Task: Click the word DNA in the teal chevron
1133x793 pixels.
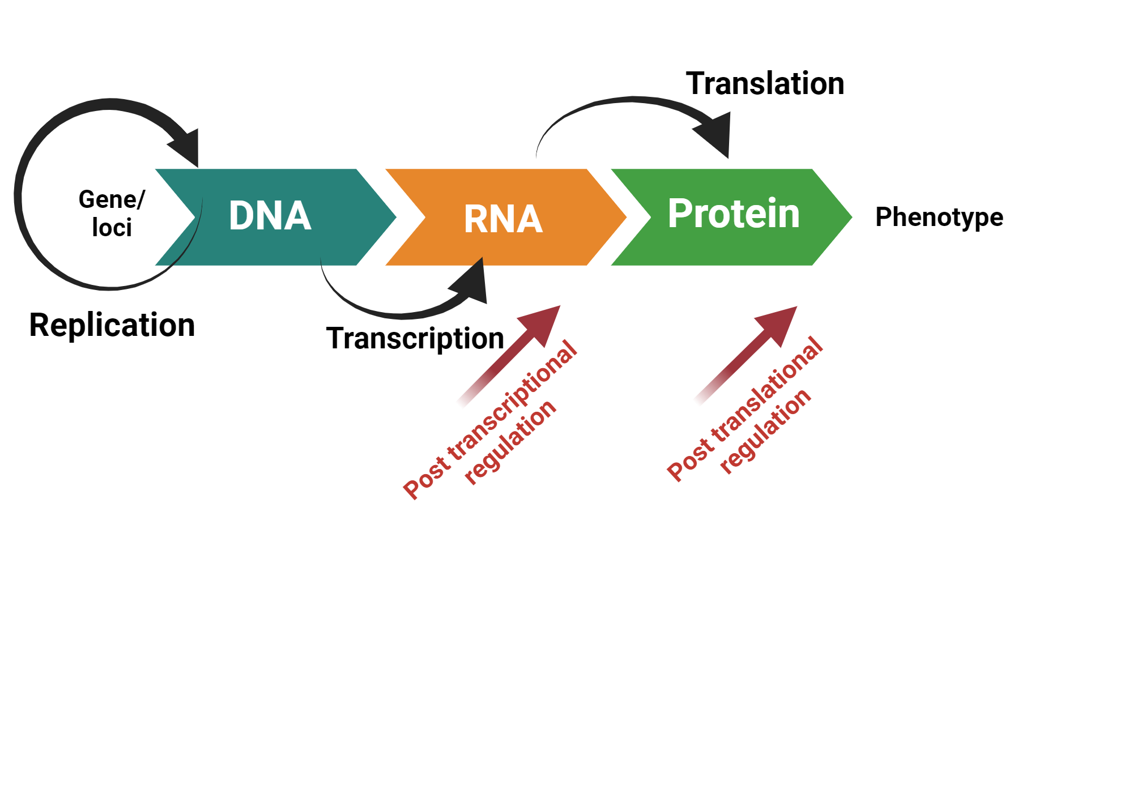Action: click(x=270, y=216)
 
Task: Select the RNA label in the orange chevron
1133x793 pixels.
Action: click(x=503, y=219)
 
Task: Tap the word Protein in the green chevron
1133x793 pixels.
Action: click(x=734, y=214)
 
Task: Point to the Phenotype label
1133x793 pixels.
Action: click(x=939, y=217)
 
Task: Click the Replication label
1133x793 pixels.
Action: click(x=112, y=325)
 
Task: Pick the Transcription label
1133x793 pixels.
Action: click(x=415, y=338)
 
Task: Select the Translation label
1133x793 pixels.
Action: click(x=765, y=83)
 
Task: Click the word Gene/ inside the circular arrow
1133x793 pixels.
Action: click(x=112, y=199)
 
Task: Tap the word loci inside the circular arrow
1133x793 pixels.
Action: click(x=112, y=228)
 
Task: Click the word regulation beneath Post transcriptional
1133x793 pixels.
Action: click(x=510, y=442)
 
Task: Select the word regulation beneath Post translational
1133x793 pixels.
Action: click(x=765, y=431)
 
